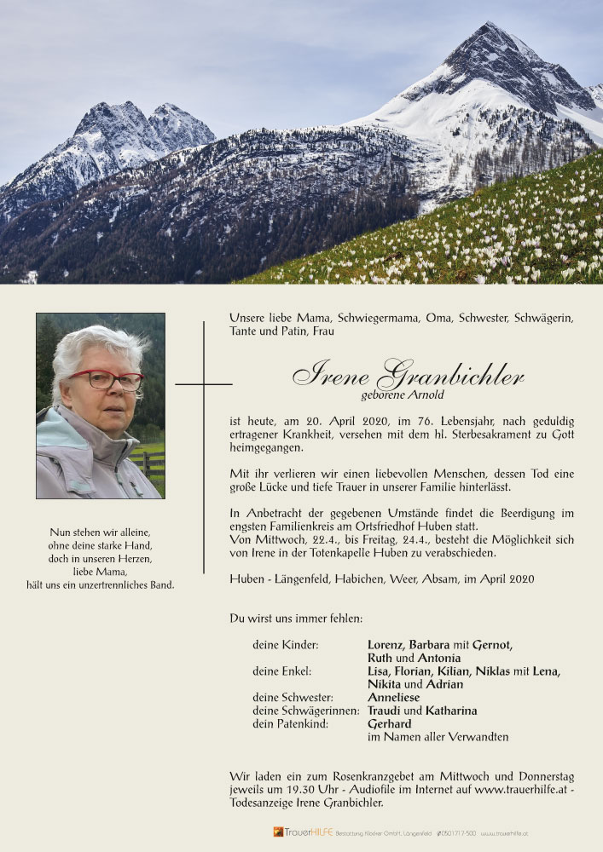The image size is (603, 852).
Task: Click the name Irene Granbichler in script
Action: point(407,374)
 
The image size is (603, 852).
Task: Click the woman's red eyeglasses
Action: point(107,380)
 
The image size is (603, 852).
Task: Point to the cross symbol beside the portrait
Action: point(204,385)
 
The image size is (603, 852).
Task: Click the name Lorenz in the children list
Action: point(386,645)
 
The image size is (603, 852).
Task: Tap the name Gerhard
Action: point(389,724)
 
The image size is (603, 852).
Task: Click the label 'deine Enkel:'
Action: point(281,671)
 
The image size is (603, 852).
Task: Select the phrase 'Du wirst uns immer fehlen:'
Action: point(296,618)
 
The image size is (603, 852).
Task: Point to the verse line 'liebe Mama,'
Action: point(101,571)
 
